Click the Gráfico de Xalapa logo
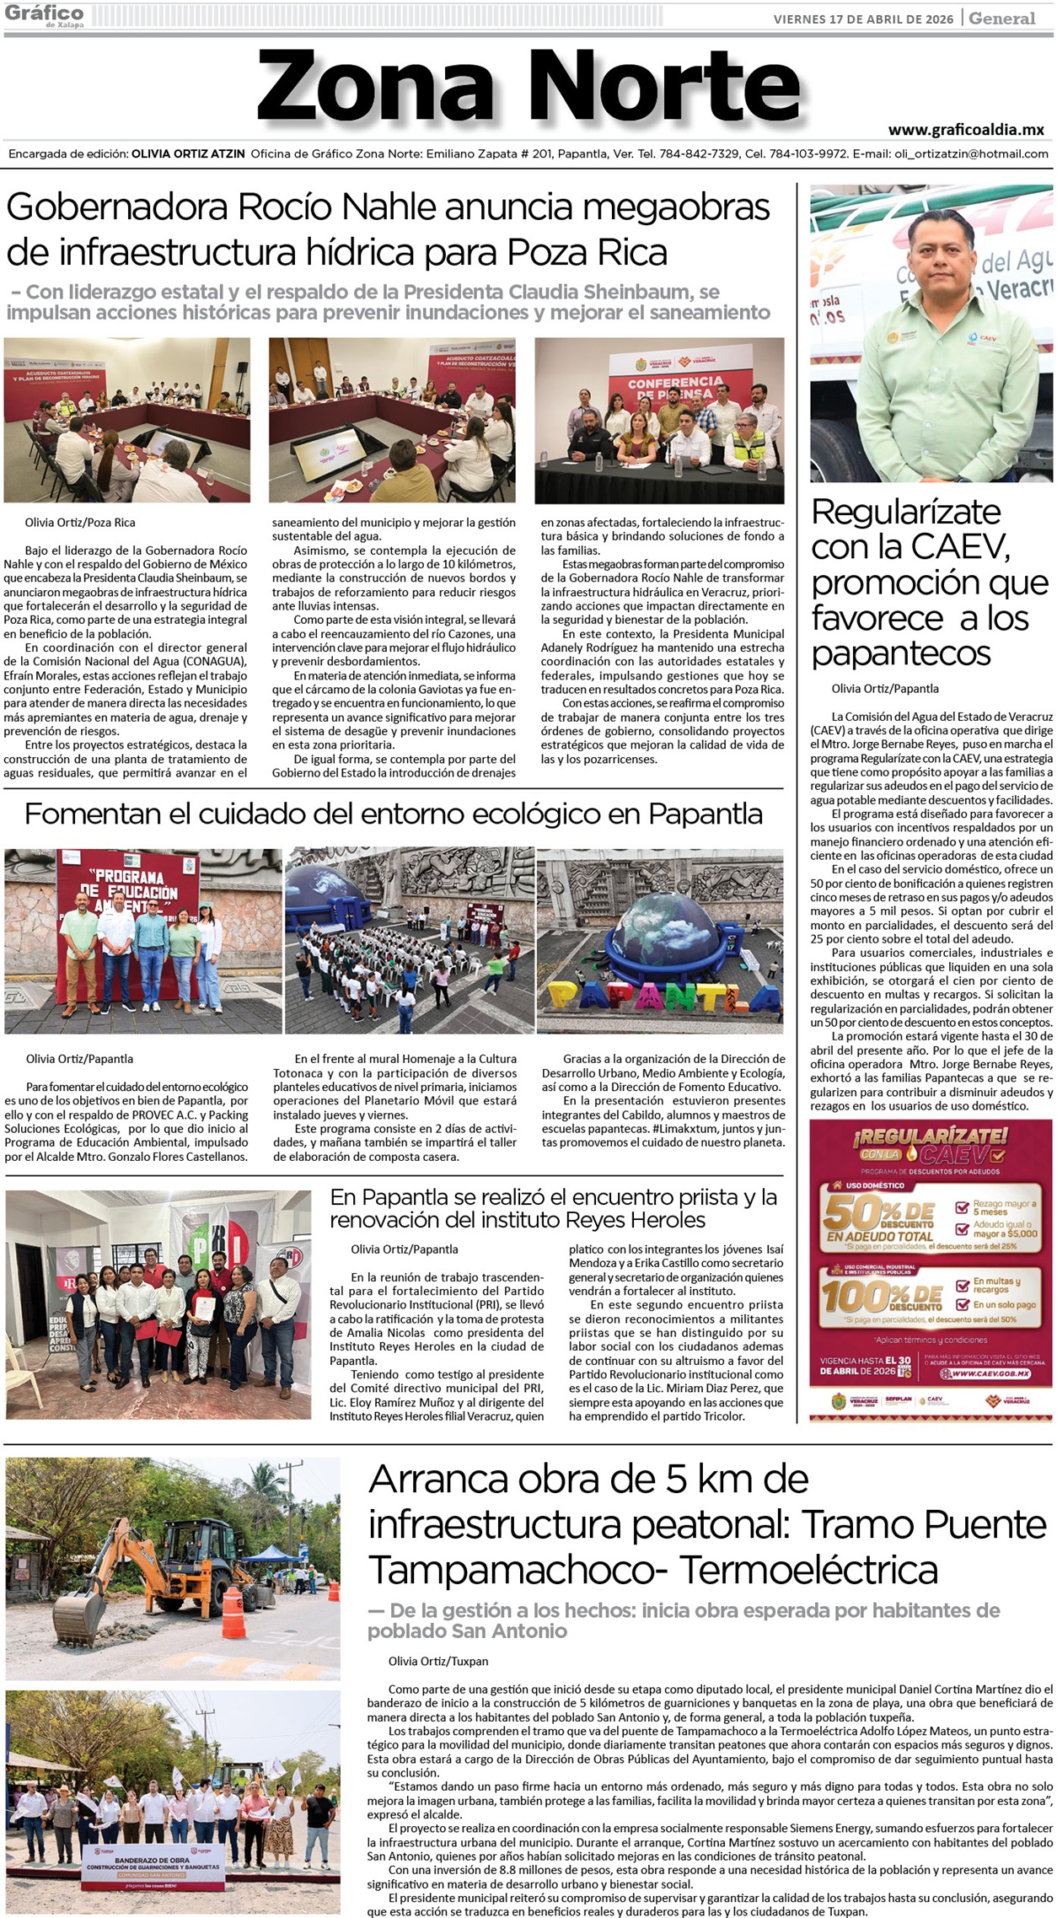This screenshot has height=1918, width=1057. point(44,16)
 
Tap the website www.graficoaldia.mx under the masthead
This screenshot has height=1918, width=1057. point(966,130)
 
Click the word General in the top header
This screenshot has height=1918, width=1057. point(1002,19)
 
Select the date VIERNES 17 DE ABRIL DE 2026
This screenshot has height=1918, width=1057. point(864,19)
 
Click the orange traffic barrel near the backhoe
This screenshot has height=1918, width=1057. point(233,1614)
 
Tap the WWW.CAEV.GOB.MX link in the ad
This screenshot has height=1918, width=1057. point(985,1374)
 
